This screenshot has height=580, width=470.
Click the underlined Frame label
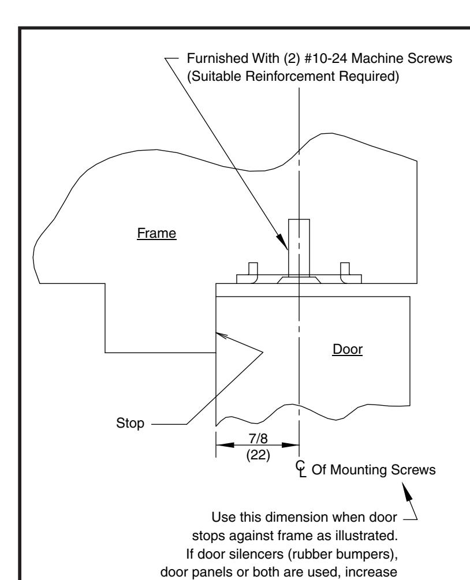156,233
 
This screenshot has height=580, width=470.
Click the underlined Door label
348,349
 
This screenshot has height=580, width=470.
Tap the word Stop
130,423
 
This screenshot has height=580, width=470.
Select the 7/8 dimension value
258,439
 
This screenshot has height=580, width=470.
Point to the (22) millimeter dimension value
258,455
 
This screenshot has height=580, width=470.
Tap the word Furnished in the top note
218,58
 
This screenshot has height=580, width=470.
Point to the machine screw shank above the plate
299,247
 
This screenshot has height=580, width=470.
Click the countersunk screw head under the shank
299,280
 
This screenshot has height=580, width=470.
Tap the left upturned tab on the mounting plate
253,272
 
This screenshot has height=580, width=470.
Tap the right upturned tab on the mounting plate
345,272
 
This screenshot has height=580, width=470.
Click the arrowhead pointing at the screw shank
283,241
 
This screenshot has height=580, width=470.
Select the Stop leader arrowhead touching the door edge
221,335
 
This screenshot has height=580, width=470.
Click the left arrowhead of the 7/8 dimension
225,444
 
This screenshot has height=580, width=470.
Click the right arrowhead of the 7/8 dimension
290,444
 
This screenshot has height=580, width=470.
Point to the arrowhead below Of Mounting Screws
407,492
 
